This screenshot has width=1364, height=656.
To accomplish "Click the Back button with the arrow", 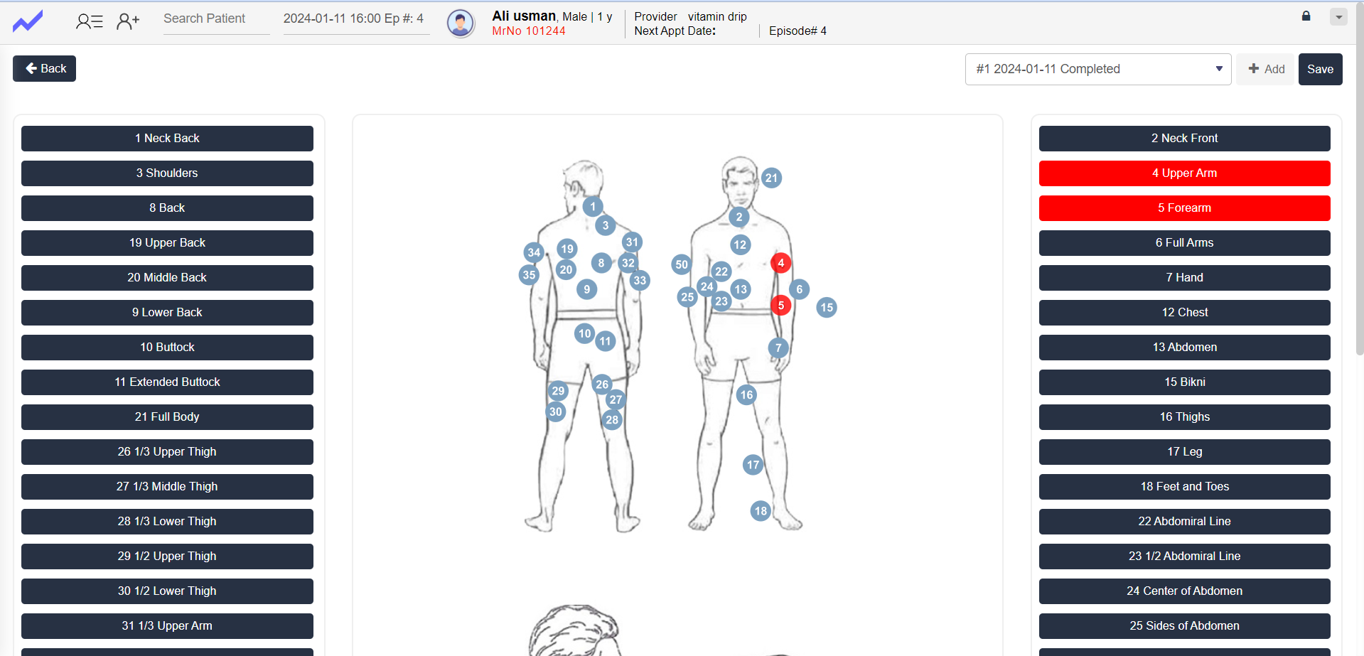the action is coord(44,69).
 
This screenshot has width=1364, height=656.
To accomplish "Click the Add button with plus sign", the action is coord(1265,69).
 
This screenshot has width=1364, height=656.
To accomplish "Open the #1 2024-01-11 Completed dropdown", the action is coord(1097,69).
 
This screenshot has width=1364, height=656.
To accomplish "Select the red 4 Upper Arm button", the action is coord(1184,173).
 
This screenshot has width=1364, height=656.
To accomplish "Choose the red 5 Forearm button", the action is coord(1184,208).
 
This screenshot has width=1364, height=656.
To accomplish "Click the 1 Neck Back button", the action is coord(167,139).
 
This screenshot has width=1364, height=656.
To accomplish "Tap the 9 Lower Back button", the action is coord(167,313).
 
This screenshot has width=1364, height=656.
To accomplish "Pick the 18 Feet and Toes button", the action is coord(1184,487).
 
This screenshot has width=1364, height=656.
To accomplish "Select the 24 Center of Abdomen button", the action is coord(1184,591).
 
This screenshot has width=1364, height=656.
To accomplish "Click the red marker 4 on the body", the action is coord(780,263).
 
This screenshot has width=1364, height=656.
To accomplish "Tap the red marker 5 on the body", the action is coord(780,306).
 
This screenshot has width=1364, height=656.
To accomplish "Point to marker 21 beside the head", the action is coord(771,178).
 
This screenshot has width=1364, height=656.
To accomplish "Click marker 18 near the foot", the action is coord(761,510).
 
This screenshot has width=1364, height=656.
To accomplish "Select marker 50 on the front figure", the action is coord(682,264).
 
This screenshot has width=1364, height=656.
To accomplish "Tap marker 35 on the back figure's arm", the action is coord(529,275).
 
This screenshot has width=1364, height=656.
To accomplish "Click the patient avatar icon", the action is coord(461,23).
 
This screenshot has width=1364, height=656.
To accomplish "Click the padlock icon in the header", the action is coord(1306,16).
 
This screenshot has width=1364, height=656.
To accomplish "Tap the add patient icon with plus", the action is coord(128,22).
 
